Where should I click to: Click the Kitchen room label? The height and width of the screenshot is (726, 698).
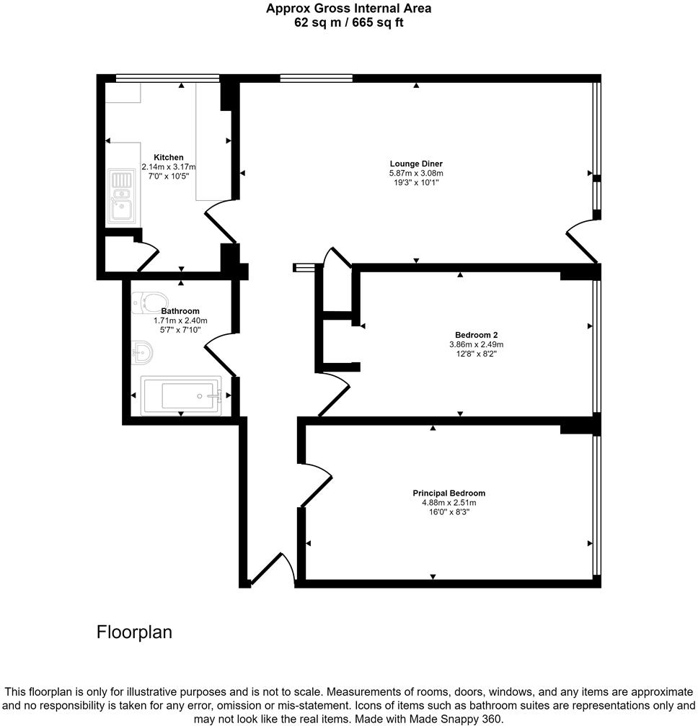168,157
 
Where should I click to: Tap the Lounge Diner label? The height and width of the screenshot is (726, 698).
416,163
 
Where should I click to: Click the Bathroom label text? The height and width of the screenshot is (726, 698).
180,311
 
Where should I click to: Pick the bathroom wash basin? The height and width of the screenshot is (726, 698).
142,352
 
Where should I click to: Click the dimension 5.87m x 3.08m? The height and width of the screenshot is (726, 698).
416,173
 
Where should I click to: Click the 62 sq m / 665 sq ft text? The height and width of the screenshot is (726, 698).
348,22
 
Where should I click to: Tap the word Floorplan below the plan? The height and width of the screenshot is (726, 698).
135,632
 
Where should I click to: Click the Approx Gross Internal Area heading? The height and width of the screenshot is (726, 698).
348,9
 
